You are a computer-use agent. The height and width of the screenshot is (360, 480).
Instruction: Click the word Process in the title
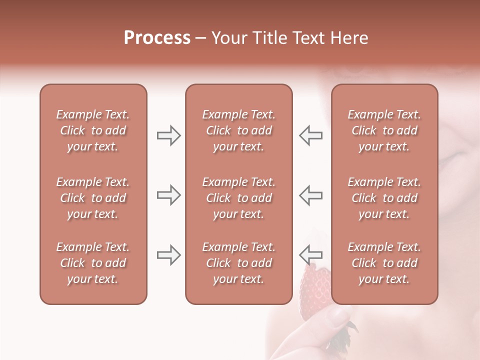point(157,38)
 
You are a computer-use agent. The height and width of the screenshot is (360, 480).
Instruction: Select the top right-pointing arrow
point(168,135)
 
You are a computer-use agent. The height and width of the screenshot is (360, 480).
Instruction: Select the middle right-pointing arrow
point(168,195)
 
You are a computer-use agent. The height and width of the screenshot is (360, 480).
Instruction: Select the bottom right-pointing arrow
point(168,255)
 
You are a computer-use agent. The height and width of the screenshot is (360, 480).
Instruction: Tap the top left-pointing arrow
point(310,135)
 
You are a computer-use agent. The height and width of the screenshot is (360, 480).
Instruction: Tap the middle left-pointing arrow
point(310,195)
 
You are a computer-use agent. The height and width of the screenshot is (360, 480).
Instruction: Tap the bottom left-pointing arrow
point(310,255)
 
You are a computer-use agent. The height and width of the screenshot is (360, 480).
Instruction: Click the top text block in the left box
point(93,130)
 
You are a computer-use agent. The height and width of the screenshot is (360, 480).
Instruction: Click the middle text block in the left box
point(93,198)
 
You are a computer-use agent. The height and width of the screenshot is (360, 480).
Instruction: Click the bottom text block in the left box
point(93,263)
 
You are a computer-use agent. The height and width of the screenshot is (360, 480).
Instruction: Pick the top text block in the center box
point(238,130)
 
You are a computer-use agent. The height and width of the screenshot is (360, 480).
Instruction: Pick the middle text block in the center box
point(238,198)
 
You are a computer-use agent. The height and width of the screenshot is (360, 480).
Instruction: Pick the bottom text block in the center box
point(238,263)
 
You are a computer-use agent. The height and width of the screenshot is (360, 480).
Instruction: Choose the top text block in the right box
point(384,130)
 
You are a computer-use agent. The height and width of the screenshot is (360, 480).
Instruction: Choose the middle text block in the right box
point(384,198)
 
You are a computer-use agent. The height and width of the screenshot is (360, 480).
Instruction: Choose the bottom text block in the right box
point(384,263)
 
